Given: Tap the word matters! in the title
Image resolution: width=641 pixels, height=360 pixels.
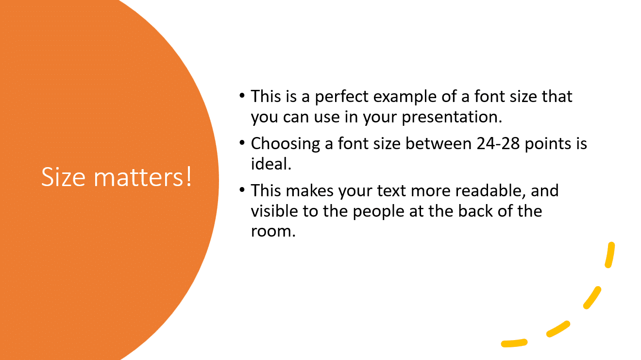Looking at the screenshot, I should tap(143, 177).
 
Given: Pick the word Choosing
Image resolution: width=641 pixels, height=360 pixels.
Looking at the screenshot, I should tap(285, 144).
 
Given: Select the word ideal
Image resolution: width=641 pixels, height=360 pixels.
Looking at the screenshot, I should tap(270, 164).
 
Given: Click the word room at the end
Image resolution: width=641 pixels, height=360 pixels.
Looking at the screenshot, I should tap(272, 232).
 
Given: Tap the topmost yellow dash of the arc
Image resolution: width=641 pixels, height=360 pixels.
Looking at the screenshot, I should tap(610, 255).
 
